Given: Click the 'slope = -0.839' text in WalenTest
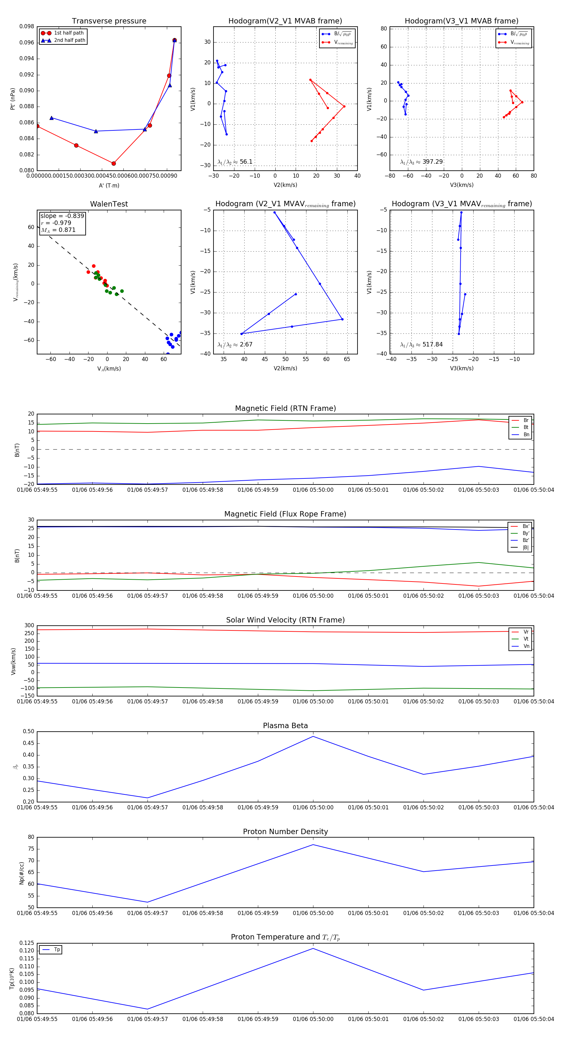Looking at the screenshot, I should pyautogui.click(x=62, y=216).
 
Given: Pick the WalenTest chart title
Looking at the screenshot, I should pyautogui.click(x=109, y=204).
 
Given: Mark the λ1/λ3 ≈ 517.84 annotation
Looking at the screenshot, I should pyautogui.click(x=422, y=345).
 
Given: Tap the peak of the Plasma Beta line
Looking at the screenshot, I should pyautogui.click(x=313, y=736).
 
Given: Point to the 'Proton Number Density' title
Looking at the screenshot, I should pyautogui.click(x=285, y=832).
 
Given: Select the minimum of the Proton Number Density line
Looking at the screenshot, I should pyautogui.click(x=148, y=902).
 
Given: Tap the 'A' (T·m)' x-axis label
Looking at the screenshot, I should pyautogui.click(x=109, y=186).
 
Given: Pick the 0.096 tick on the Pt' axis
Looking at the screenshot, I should pyautogui.click(x=27, y=42).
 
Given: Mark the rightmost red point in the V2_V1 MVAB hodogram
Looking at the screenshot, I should pyautogui.click(x=344, y=107).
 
